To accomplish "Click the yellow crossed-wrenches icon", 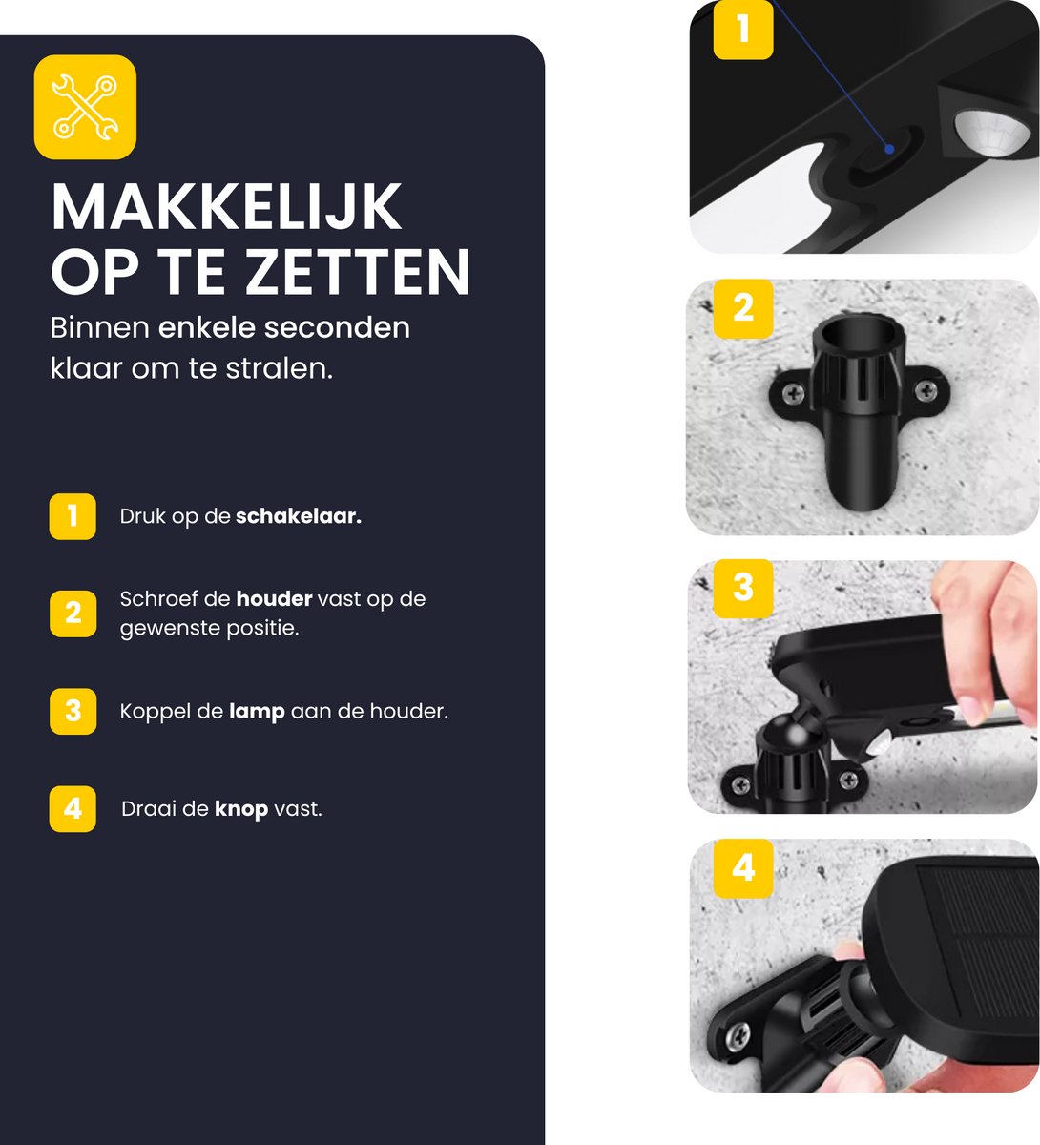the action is (85, 107).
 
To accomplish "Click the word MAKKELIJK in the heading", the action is (226, 207).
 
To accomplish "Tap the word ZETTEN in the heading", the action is (358, 272).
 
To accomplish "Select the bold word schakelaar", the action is (298, 516).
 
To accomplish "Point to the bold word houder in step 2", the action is (274, 599).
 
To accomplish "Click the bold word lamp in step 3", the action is (257, 713).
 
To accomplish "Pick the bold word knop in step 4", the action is (241, 809).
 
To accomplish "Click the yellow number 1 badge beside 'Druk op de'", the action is (73, 516).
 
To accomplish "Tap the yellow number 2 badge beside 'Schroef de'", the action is (73, 614).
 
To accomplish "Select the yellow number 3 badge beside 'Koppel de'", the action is (73, 711).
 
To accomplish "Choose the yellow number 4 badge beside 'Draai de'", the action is (73, 809).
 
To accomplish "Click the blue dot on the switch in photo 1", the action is (889, 150).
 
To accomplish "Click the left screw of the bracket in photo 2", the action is (793, 393).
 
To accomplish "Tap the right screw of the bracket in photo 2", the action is (926, 390).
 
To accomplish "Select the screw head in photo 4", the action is (737, 1034).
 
